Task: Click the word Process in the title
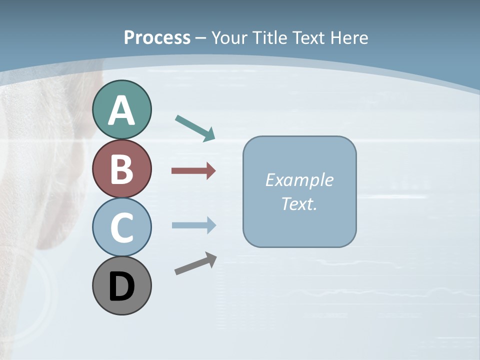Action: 157,38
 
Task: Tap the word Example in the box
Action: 299,180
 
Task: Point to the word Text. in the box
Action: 299,203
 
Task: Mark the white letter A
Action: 121,110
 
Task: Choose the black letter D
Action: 121,287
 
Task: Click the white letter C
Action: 121,228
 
